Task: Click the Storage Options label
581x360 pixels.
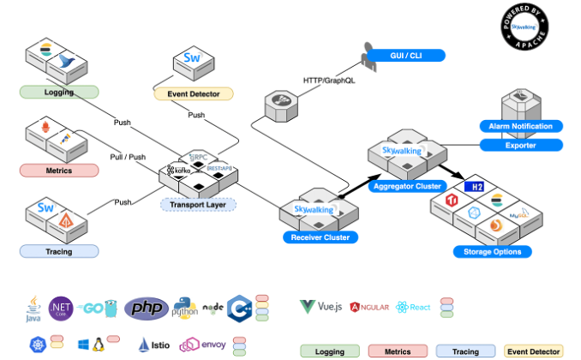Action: coord(493,251)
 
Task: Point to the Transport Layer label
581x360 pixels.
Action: coord(198,204)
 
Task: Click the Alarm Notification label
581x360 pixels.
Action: coord(521,126)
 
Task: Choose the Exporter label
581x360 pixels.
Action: coord(521,145)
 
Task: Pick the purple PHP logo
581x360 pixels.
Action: coord(146,308)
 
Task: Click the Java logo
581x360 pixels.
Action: coord(34,309)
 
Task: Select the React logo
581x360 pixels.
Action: coord(413,306)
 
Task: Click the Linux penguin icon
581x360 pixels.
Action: coord(99,345)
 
